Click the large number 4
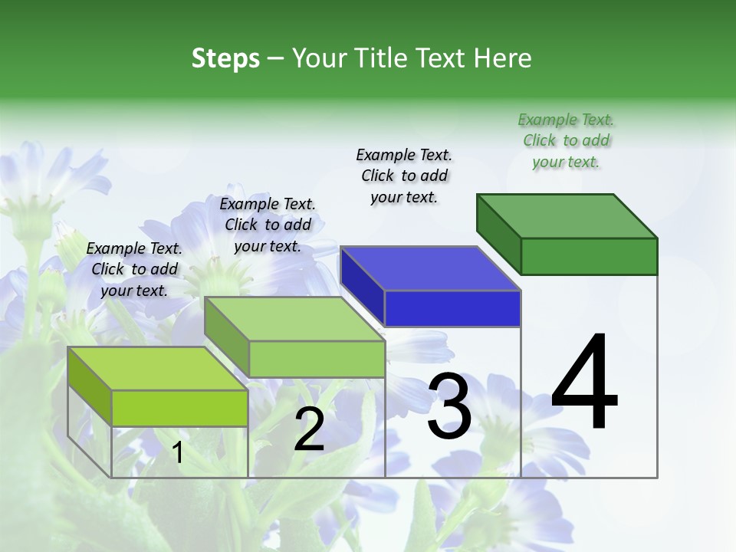click(584, 383)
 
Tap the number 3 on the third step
click(449, 406)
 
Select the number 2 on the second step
click(309, 429)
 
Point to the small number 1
click(178, 453)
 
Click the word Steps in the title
click(225, 58)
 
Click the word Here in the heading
click(503, 58)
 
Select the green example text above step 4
click(566, 140)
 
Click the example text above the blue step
click(405, 176)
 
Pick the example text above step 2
click(268, 225)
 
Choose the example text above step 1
click(134, 269)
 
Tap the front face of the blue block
click(452, 308)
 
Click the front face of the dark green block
click(589, 255)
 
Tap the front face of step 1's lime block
click(179, 407)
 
